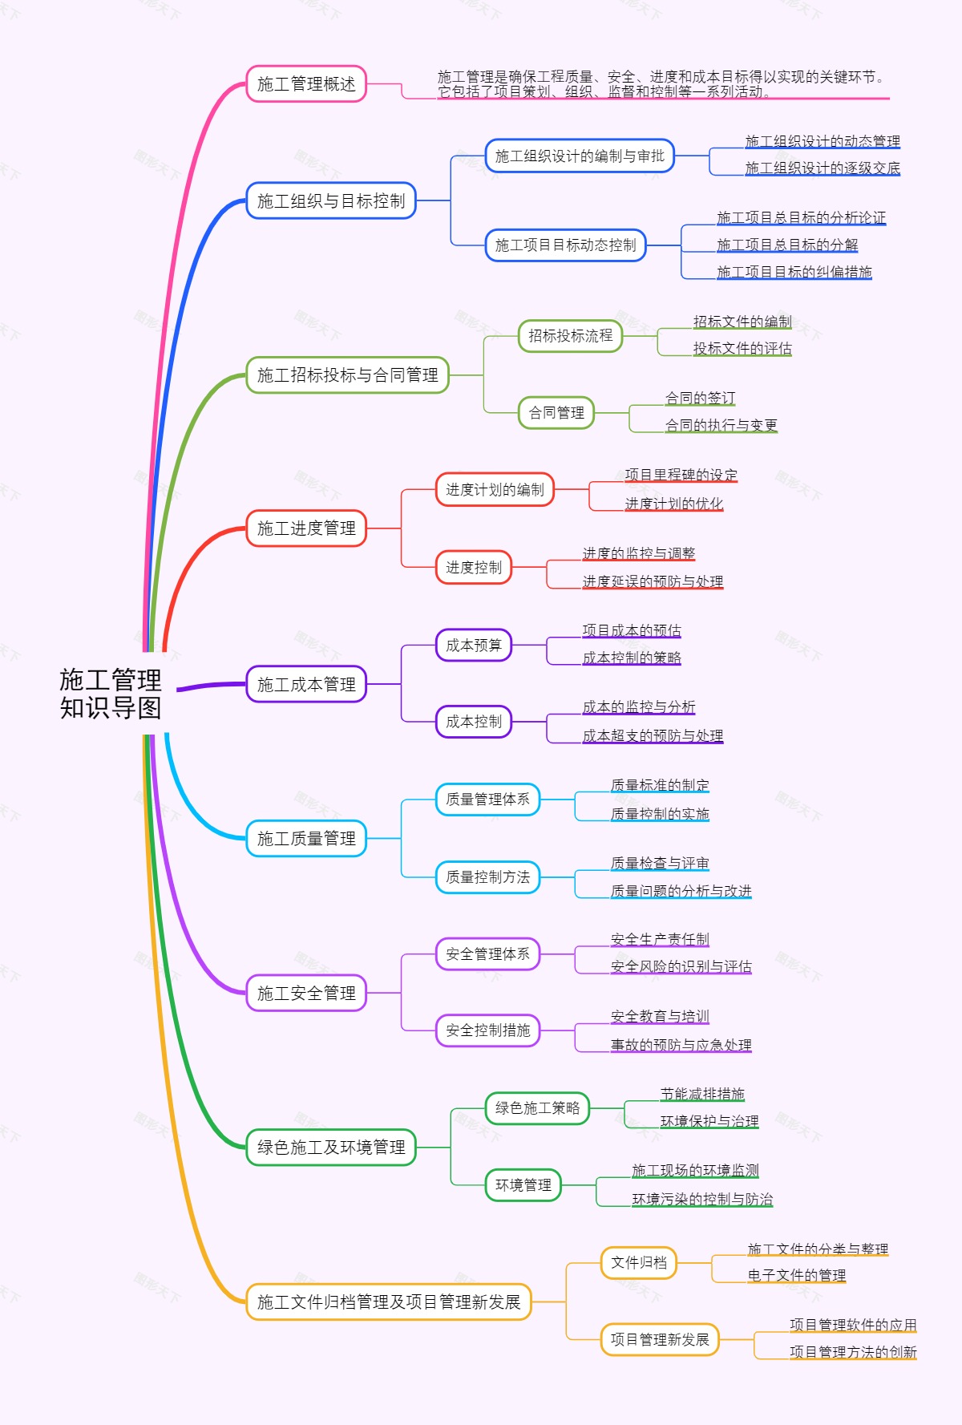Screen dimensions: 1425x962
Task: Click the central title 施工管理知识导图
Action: click(x=111, y=694)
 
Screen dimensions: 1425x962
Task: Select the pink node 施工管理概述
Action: click(x=306, y=84)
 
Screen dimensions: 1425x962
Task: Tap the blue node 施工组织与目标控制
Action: click(x=331, y=201)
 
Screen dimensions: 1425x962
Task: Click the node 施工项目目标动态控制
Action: click(x=565, y=245)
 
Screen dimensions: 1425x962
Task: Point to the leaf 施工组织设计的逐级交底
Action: click(x=823, y=168)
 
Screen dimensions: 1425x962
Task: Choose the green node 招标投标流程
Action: click(x=570, y=336)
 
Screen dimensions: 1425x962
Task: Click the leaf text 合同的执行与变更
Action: click(x=721, y=425)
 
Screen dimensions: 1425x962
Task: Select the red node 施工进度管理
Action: click(x=306, y=528)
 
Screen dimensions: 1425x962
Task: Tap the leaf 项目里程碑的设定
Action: click(x=681, y=475)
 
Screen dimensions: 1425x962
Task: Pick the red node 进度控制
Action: click(x=473, y=568)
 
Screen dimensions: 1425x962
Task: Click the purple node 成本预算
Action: click(x=473, y=646)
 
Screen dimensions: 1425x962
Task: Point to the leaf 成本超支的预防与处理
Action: click(x=653, y=735)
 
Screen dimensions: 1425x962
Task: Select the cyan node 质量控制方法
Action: click(x=487, y=877)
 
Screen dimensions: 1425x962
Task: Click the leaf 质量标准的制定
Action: click(x=660, y=785)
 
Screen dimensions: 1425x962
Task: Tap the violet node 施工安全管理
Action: click(x=306, y=994)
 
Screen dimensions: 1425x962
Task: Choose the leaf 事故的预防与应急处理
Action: click(x=681, y=1045)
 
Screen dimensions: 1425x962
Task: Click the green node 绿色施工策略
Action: click(x=537, y=1108)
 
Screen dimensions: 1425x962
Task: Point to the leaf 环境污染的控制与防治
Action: click(x=702, y=1199)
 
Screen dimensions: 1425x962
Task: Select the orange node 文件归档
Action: click(x=639, y=1263)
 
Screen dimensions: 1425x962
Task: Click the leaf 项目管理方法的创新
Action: click(x=853, y=1352)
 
